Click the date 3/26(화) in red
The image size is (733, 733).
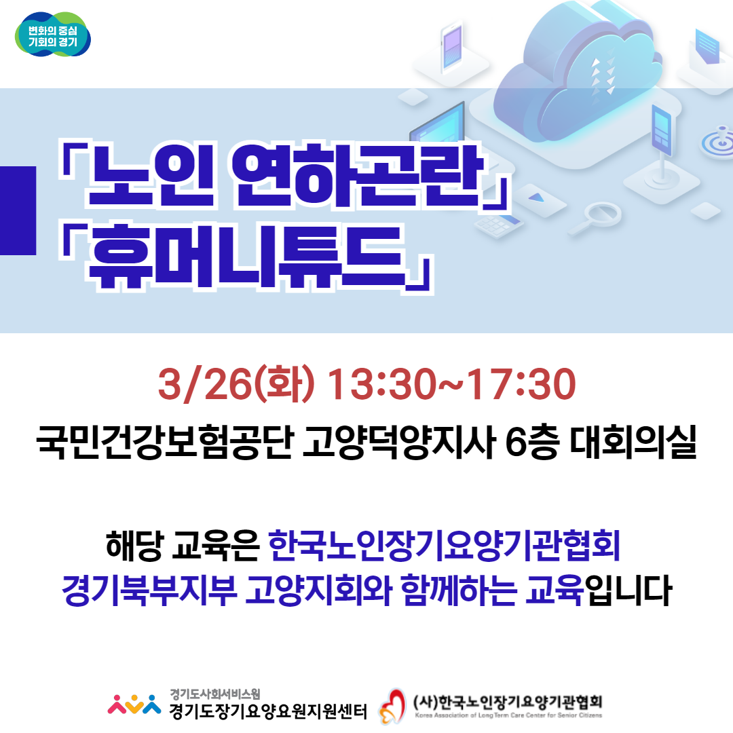236,384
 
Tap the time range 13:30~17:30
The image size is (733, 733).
451,384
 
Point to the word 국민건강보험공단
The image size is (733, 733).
165,443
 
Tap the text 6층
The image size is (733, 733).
532,443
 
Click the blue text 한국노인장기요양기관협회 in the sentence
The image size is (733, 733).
445,545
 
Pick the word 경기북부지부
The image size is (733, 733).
149,590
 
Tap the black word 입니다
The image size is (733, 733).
628,590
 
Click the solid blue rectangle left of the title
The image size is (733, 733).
18,210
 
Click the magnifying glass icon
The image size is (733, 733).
597,217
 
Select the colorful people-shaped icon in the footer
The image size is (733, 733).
134,704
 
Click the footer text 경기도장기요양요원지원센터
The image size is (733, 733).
268,711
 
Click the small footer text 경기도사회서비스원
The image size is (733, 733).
215,694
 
